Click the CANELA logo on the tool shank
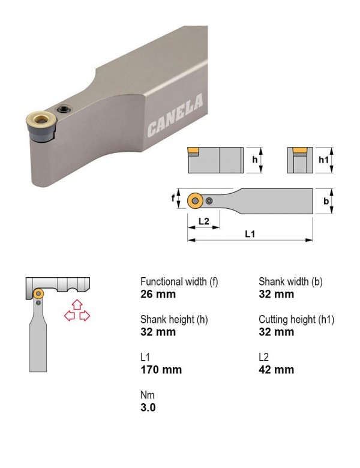coord(175,116)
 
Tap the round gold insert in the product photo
coord(41,119)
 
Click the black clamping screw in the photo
coord(64,110)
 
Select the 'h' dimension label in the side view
coord(254,160)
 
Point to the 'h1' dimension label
coord(323,160)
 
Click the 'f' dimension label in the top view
coord(173,198)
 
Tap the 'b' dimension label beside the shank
coord(326,201)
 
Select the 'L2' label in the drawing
coord(204,221)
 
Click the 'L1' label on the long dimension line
coord(250,234)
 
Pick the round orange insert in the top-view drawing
coord(195,200)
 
